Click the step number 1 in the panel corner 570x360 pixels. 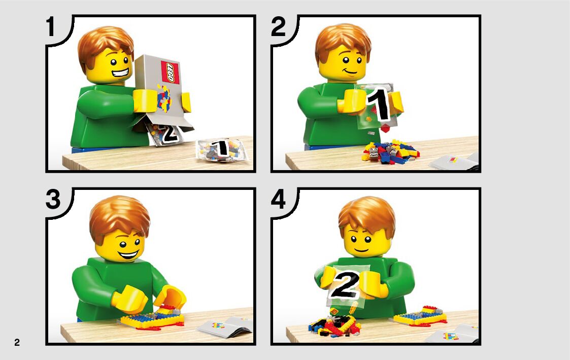coord(51,27)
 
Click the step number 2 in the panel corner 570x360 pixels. coord(279,27)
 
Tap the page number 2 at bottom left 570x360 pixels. coord(17,342)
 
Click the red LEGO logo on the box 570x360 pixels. coord(170,72)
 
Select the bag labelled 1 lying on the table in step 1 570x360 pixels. coord(221,149)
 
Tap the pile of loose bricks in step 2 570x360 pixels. coord(390,151)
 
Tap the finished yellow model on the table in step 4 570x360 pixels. coord(420,316)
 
